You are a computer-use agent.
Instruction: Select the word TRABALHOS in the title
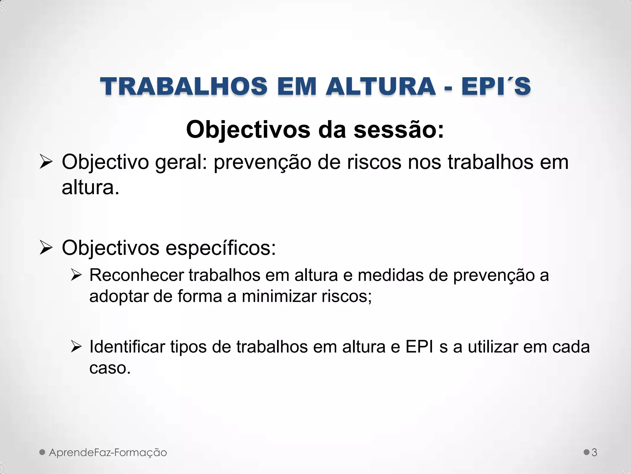coord(184,87)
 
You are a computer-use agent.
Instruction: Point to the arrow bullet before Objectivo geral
coord(47,162)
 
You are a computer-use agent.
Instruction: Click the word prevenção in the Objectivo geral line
coord(262,162)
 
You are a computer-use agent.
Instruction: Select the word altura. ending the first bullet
coord(90,187)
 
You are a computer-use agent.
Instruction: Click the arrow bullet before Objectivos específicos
coord(47,248)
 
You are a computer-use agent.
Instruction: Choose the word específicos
coord(221,248)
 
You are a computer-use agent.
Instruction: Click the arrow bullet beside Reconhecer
coord(76,275)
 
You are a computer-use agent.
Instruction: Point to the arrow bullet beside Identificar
coord(76,347)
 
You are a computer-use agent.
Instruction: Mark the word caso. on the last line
coord(110,368)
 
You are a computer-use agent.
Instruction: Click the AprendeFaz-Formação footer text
coord(108,453)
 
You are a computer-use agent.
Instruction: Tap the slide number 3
coord(594,453)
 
